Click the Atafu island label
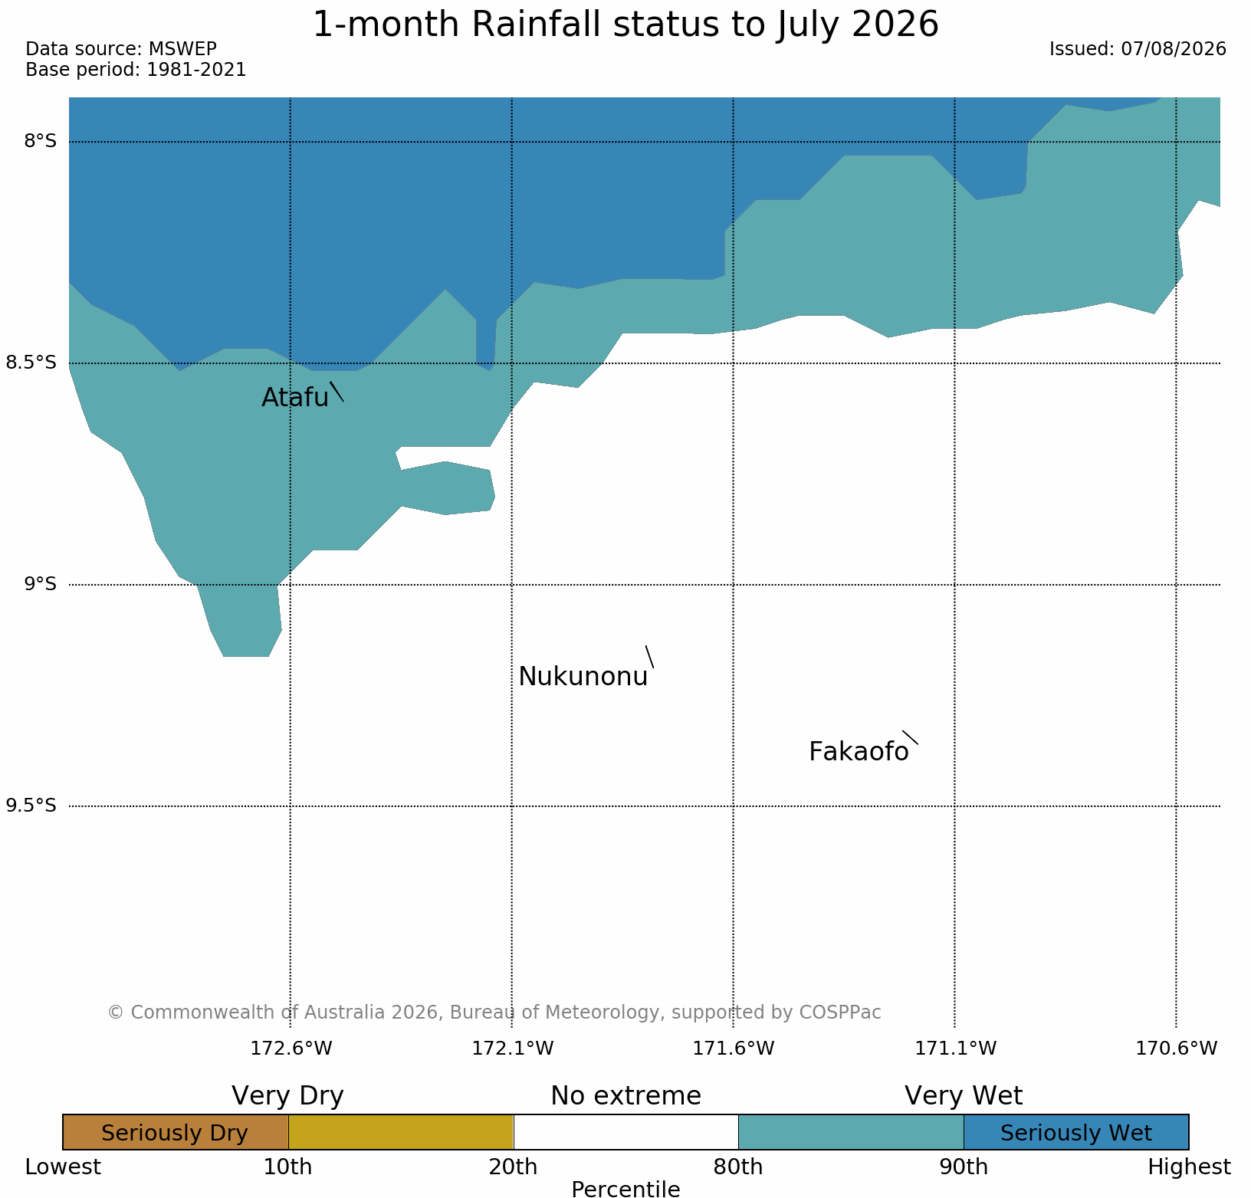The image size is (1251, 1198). pyautogui.click(x=295, y=397)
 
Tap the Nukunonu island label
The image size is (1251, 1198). pyautogui.click(x=583, y=677)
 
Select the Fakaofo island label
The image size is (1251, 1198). pyautogui.click(x=859, y=752)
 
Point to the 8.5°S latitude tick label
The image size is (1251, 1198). pyautogui.click(x=31, y=363)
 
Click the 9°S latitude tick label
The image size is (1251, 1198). pyautogui.click(x=40, y=584)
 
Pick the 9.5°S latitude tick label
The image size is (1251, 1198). pyautogui.click(x=31, y=806)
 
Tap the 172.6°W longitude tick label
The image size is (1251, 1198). pyautogui.click(x=291, y=1048)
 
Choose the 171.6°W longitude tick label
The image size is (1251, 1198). pyautogui.click(x=734, y=1048)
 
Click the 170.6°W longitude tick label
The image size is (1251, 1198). pyautogui.click(x=1177, y=1048)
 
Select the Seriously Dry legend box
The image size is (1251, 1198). pyautogui.click(x=176, y=1132)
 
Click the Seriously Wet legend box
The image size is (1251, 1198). pyautogui.click(x=1076, y=1132)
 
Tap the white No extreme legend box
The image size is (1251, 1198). pyautogui.click(x=625, y=1132)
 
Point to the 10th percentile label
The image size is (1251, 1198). pyautogui.click(x=287, y=1167)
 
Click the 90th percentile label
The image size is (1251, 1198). pyautogui.click(x=964, y=1167)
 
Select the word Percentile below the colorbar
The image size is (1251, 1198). pyautogui.click(x=625, y=1189)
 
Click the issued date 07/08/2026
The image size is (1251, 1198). pyautogui.click(x=1174, y=49)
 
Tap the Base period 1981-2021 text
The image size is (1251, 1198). pyautogui.click(x=136, y=70)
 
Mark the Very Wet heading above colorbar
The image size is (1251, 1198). pyautogui.click(x=964, y=1096)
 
